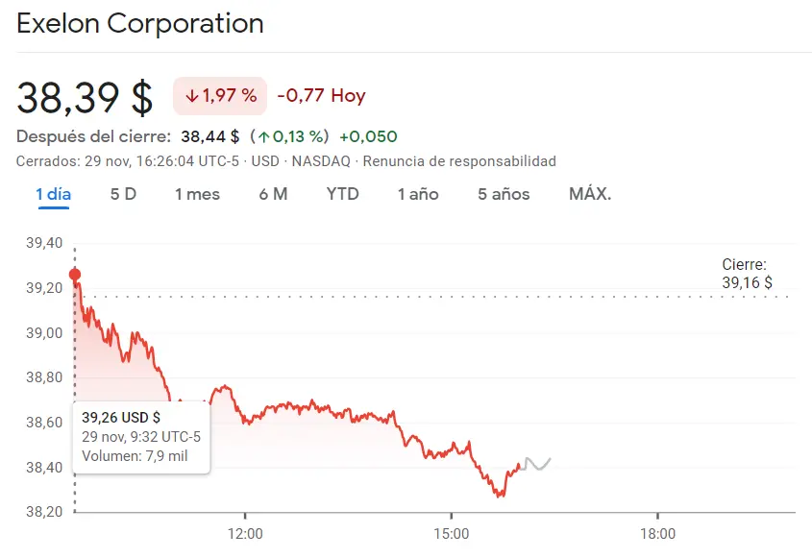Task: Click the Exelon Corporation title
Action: (140, 24)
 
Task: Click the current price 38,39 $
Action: (85, 97)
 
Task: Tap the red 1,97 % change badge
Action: (220, 96)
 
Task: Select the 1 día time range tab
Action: (54, 194)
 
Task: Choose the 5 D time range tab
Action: (123, 194)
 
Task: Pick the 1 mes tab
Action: (197, 194)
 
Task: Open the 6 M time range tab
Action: (273, 194)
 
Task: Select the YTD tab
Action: (342, 194)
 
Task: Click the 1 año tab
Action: (418, 194)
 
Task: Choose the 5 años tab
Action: (504, 194)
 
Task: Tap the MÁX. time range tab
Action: (590, 194)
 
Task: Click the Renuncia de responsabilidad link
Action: (459, 161)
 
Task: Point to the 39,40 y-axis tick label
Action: (43, 243)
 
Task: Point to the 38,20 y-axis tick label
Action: (43, 512)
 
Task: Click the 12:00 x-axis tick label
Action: (245, 533)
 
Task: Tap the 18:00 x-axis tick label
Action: (657, 533)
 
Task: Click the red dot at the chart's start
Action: (75, 275)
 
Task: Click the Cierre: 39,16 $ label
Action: (747, 274)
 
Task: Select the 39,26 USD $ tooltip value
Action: (121, 418)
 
